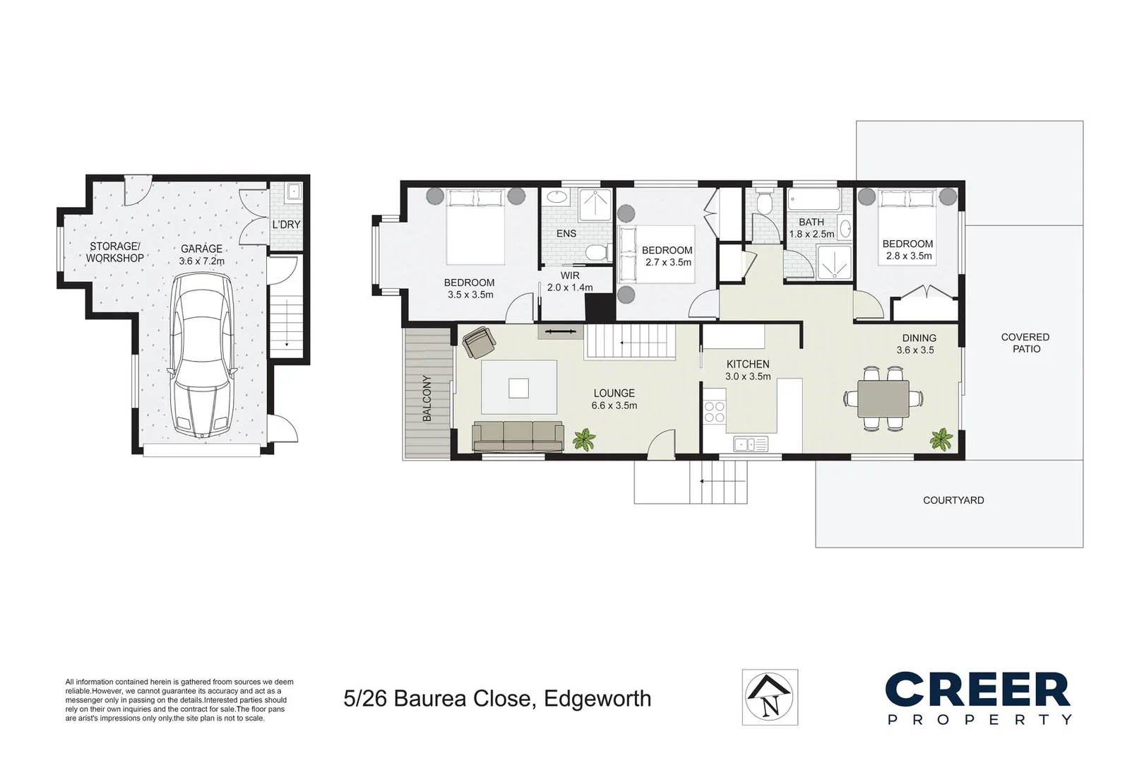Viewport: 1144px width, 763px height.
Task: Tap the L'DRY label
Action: pos(286,225)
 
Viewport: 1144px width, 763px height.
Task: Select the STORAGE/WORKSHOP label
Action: pos(114,252)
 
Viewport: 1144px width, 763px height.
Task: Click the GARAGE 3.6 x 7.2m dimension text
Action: pos(202,255)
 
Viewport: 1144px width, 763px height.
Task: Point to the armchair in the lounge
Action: pos(479,342)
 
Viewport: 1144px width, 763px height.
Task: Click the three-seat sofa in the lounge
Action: pos(518,437)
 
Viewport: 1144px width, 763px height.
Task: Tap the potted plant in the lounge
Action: pos(584,439)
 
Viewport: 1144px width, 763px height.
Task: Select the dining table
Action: pos(883,398)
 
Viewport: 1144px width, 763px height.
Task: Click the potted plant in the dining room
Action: pos(941,439)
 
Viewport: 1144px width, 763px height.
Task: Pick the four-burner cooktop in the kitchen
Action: pos(715,413)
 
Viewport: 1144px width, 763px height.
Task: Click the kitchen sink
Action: pos(751,444)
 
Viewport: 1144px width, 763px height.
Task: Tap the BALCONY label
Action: pos(427,398)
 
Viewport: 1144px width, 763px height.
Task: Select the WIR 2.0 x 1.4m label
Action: pos(570,282)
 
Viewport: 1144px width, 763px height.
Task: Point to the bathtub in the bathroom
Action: pos(814,200)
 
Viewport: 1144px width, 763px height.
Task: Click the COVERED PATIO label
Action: pos(1025,343)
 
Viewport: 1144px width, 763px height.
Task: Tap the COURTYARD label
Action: pos(953,500)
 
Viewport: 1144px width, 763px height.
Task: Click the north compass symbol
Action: pos(770,697)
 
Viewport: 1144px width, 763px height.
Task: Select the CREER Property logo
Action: pos(978,697)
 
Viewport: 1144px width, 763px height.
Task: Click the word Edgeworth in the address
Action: pos(597,699)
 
